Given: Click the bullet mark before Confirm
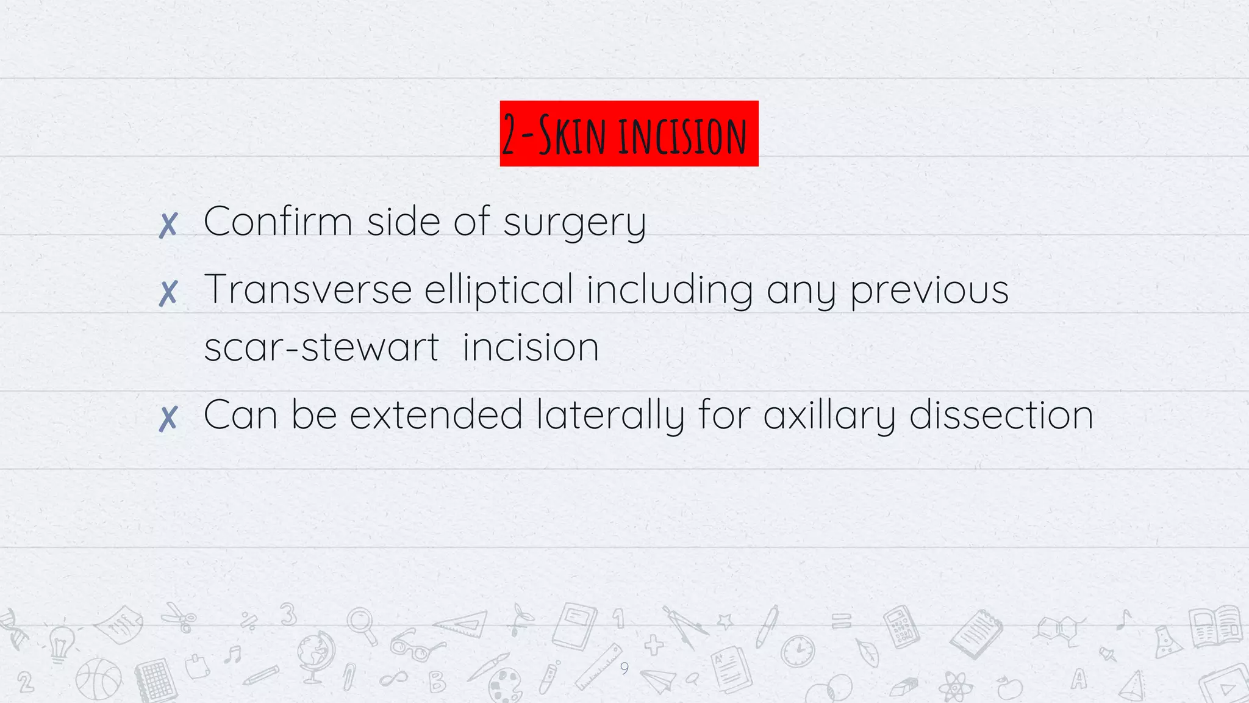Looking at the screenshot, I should [168, 225].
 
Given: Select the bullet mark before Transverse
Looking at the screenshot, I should [168, 293].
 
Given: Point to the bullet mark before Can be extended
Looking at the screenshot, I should [168, 419].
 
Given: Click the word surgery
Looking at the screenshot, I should [574, 223].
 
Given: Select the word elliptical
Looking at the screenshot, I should [498, 290].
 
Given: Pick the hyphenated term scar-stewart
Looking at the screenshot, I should [321, 348].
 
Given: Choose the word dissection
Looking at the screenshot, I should [1001, 415].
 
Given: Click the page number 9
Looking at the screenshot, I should [624, 669].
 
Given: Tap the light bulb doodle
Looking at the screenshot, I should [61, 644].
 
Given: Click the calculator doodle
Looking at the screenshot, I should [901, 625].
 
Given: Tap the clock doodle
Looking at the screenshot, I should [798, 652].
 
